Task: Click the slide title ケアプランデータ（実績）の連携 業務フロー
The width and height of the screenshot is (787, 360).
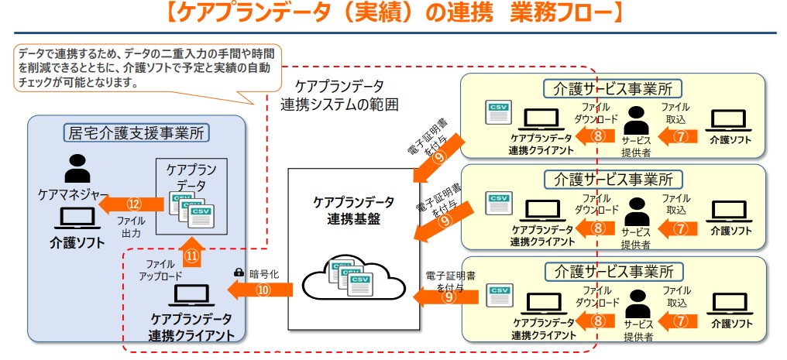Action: [394, 15]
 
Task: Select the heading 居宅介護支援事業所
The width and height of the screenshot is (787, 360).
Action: [136, 132]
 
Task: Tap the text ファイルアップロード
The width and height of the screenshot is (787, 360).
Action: [160, 270]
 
